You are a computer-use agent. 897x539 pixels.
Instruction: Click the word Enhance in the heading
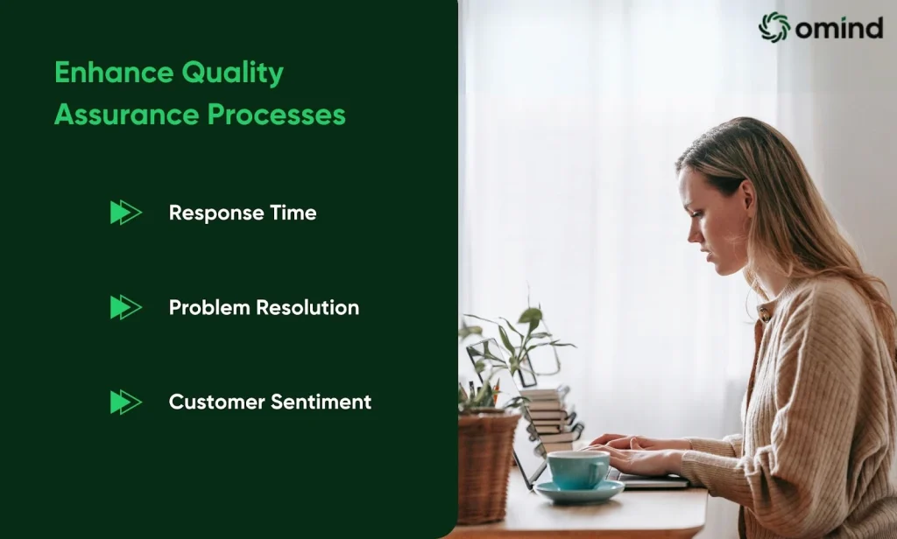click(113, 73)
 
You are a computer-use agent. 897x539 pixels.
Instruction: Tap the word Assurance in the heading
click(126, 115)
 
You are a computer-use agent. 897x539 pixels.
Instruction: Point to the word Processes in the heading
click(277, 115)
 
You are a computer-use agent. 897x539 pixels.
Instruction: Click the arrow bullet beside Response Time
click(126, 213)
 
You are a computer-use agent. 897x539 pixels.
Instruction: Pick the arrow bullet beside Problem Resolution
click(126, 307)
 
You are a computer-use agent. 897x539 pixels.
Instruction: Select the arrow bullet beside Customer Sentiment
click(126, 402)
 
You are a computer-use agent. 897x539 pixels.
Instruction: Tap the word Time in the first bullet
click(293, 213)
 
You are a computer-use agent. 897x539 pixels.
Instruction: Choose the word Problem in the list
click(209, 307)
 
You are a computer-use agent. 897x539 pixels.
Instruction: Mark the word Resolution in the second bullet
click(307, 307)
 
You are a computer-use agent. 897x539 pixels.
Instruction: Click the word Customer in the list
click(216, 402)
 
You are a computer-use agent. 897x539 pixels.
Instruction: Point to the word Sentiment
click(321, 402)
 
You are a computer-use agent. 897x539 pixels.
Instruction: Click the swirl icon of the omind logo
click(774, 27)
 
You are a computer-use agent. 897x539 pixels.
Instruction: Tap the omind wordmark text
click(839, 27)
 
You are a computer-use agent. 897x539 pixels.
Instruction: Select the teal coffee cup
click(579, 470)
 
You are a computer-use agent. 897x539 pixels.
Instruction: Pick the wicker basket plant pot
click(486, 465)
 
